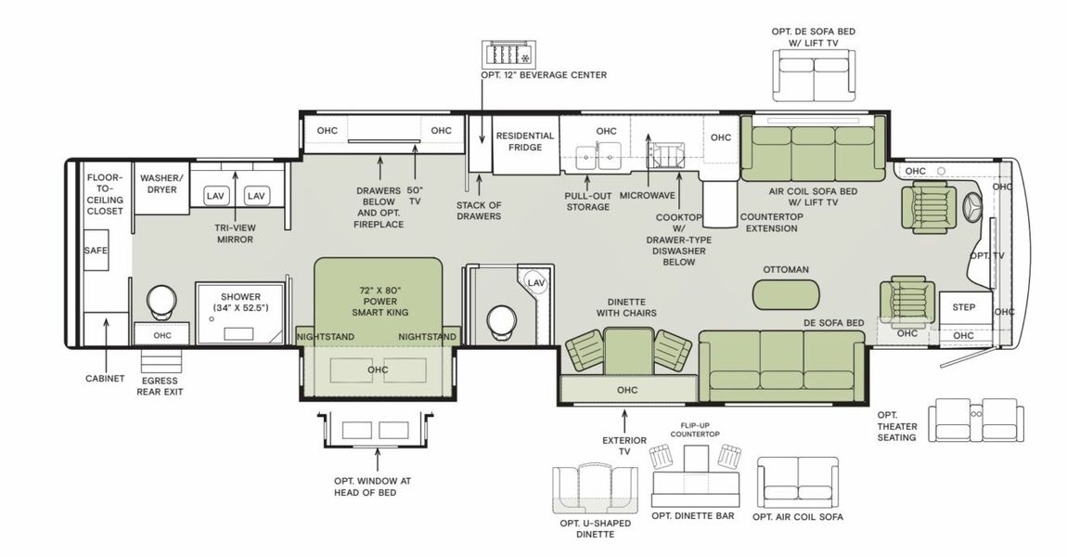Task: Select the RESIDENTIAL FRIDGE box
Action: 524,142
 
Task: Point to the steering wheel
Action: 973,207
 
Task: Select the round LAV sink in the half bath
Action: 535,282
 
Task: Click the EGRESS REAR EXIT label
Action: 161,385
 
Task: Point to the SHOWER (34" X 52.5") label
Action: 238,303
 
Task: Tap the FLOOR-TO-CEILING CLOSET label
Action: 105,194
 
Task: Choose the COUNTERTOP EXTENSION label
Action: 769,223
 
